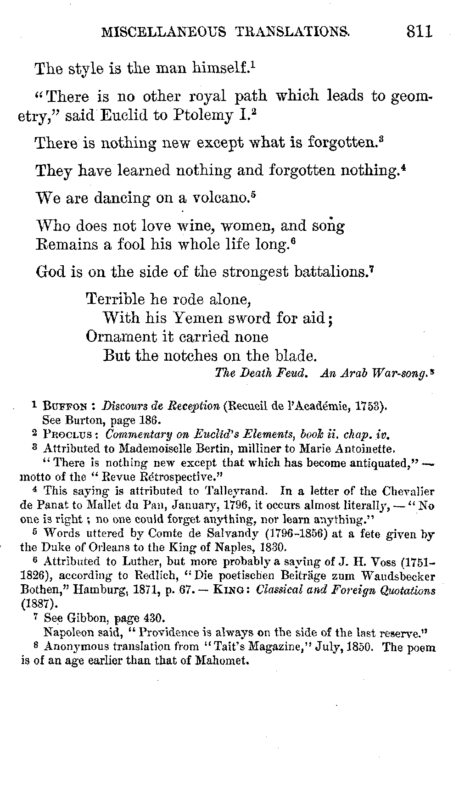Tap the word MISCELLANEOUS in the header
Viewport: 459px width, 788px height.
click(x=163, y=32)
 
